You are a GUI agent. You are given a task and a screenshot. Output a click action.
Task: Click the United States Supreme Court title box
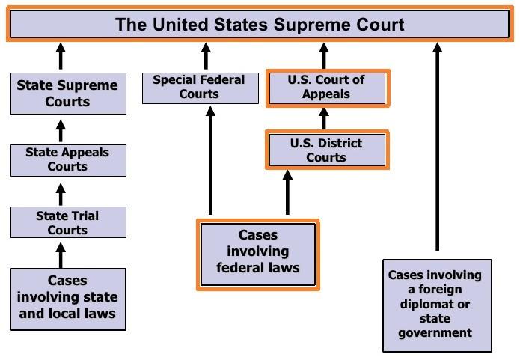coord(260,24)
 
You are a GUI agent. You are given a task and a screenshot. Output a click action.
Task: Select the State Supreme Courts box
coord(67,93)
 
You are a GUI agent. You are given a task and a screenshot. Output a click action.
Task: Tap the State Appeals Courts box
coord(67,159)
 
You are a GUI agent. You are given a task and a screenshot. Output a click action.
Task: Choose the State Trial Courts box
coord(67,222)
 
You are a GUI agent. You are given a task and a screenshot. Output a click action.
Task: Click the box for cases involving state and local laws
coord(67,298)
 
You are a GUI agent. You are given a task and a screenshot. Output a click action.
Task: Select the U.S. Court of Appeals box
coord(327,88)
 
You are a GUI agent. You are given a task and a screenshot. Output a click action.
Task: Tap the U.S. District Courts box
coord(327,150)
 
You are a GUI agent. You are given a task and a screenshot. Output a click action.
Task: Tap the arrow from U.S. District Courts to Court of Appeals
coord(324,119)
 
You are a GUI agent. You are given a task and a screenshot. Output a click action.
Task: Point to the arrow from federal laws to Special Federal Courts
coord(209,161)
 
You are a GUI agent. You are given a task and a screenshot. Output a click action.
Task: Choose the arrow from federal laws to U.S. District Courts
coord(287,192)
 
